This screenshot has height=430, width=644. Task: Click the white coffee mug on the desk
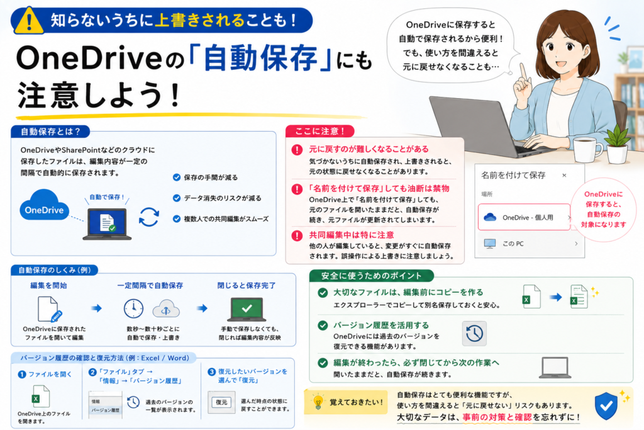point(587,150)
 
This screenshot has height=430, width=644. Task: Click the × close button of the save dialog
point(564,175)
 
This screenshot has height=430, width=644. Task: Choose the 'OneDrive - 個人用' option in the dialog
point(525,217)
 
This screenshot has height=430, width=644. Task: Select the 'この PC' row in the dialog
point(530,244)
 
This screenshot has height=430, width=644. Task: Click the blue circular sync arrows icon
point(148,217)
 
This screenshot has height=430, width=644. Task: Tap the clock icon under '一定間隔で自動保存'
point(133,308)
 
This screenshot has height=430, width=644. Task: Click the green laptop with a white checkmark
point(247,310)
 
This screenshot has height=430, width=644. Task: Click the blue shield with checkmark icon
point(606,405)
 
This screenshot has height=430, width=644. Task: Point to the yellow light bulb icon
point(318,402)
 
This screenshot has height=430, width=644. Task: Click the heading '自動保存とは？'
point(50,132)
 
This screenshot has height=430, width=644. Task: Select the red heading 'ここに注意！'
point(319,131)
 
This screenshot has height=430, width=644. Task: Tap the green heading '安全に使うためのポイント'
point(371,276)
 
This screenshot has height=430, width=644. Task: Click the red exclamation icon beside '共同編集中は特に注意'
point(297,236)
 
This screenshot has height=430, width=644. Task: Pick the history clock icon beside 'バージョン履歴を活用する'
point(474,334)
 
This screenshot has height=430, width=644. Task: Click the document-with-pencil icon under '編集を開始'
point(49,309)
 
